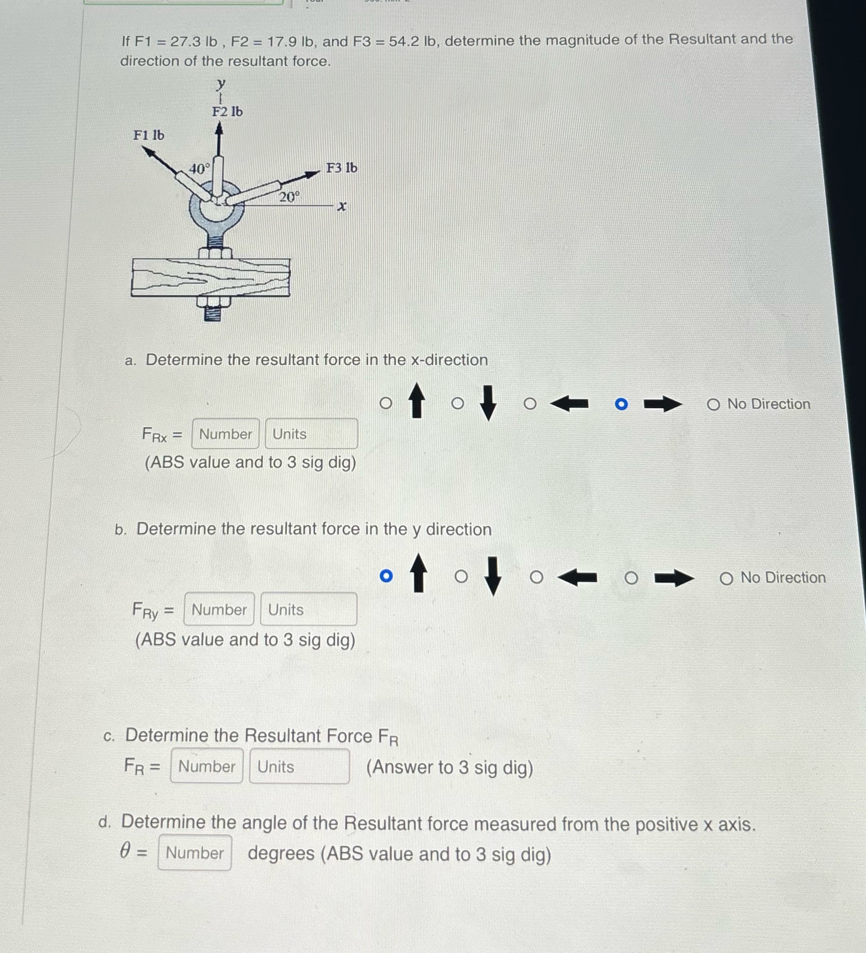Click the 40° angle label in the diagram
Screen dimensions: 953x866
(199, 169)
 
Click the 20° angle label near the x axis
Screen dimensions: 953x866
(289, 197)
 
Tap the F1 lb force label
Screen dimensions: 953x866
(148, 135)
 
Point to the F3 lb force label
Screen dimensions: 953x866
(341, 168)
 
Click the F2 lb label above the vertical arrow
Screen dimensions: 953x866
(227, 111)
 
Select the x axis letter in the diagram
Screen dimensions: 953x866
(341, 207)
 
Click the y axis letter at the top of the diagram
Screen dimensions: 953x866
(220, 85)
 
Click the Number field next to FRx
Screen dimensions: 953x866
(225, 433)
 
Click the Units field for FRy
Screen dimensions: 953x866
(308, 609)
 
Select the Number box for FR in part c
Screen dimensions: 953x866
(206, 766)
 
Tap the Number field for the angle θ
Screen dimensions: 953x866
(194, 853)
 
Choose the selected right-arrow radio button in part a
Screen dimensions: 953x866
(621, 404)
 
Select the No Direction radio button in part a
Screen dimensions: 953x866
(713, 405)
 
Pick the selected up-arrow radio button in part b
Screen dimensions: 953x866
(386, 576)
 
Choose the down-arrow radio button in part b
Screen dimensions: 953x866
(461, 576)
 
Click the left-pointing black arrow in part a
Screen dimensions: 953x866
(569, 404)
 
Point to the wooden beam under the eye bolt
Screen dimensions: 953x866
(211, 277)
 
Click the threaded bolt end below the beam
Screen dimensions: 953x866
(213, 313)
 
